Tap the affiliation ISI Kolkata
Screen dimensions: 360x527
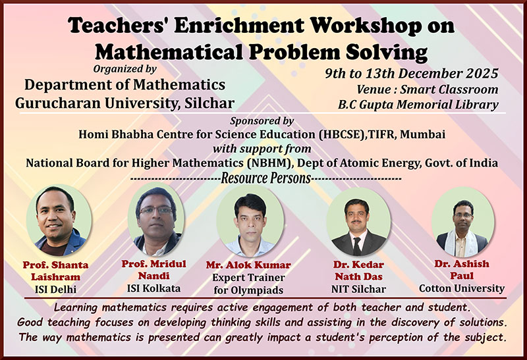click(x=153, y=287)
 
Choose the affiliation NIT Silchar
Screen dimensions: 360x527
click(x=356, y=288)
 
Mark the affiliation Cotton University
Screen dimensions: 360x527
click(x=462, y=288)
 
